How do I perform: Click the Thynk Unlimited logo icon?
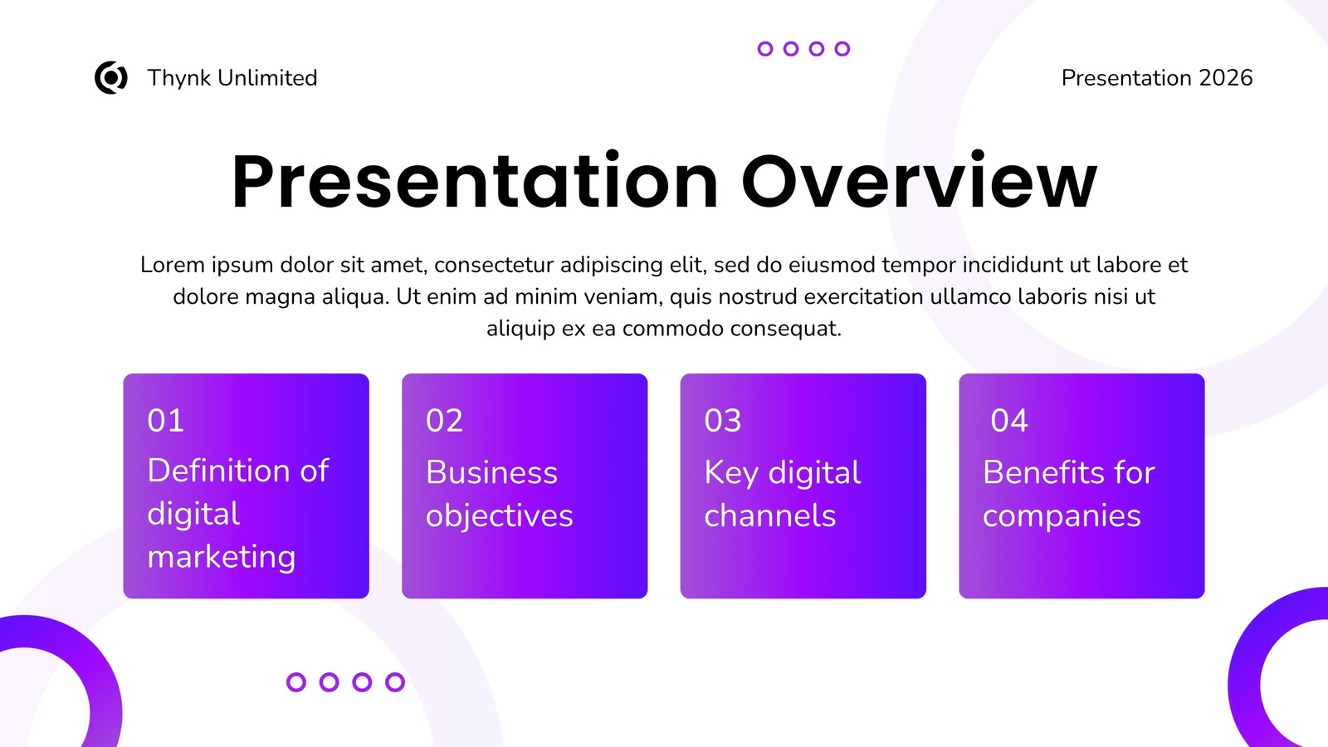pos(111,78)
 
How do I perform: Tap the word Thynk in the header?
pos(179,78)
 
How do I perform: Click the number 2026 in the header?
pos(1225,78)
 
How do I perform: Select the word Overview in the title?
pos(919,182)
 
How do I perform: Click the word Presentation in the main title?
pos(474,182)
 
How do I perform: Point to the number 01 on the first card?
pos(165,420)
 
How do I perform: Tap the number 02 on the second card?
pos(444,420)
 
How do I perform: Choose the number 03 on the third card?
pos(723,420)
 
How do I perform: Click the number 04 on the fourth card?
pos(1009,420)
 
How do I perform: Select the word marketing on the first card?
pos(221,557)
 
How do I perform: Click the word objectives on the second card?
pos(499,515)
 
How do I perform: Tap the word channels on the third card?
pos(770,515)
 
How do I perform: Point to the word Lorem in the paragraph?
pos(173,265)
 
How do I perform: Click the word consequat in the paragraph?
pos(785,329)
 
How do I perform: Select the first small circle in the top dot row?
pos(765,49)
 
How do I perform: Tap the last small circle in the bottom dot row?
pos(395,682)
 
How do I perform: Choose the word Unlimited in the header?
pos(267,78)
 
